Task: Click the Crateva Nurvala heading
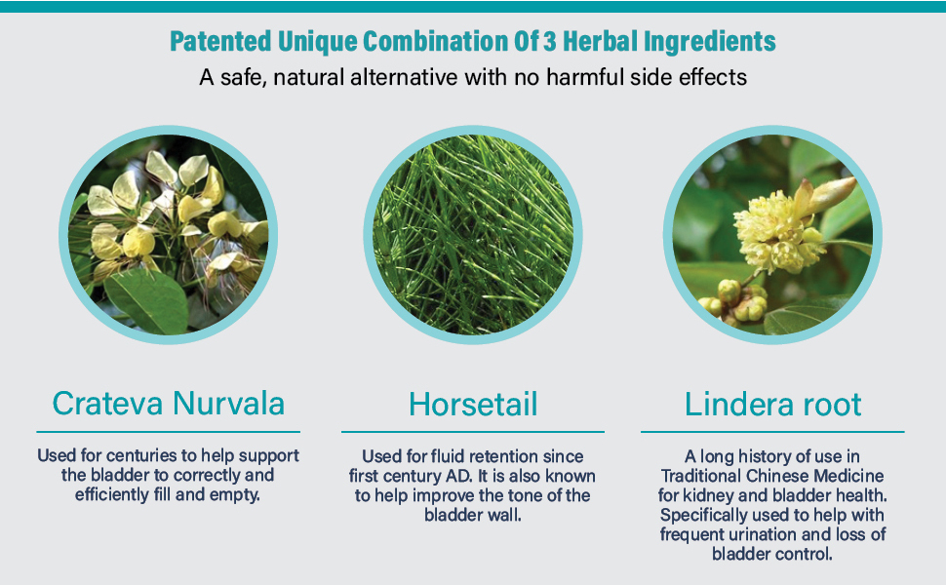(x=168, y=404)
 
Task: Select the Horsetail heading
(x=473, y=404)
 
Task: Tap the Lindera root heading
(x=772, y=404)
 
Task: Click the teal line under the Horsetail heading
(x=473, y=431)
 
